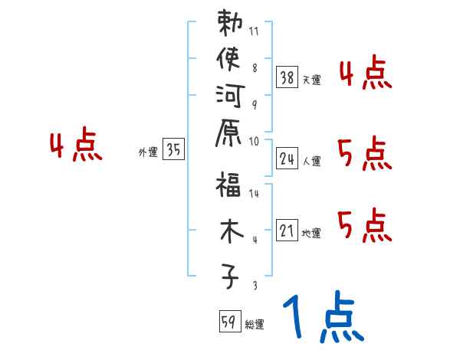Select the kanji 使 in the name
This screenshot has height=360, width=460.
point(229,59)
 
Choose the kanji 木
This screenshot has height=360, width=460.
point(229,231)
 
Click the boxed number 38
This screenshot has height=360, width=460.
point(287,77)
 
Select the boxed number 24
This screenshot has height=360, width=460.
point(287,159)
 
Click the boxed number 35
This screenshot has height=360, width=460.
point(174,151)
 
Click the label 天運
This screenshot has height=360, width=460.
point(312,80)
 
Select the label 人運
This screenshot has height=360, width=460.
point(312,162)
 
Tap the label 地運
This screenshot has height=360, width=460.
point(312,234)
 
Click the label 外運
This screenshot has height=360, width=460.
point(148,153)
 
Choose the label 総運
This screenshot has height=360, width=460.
point(255,325)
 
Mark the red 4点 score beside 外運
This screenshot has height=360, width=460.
point(77,147)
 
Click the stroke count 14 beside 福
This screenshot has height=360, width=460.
point(255,195)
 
